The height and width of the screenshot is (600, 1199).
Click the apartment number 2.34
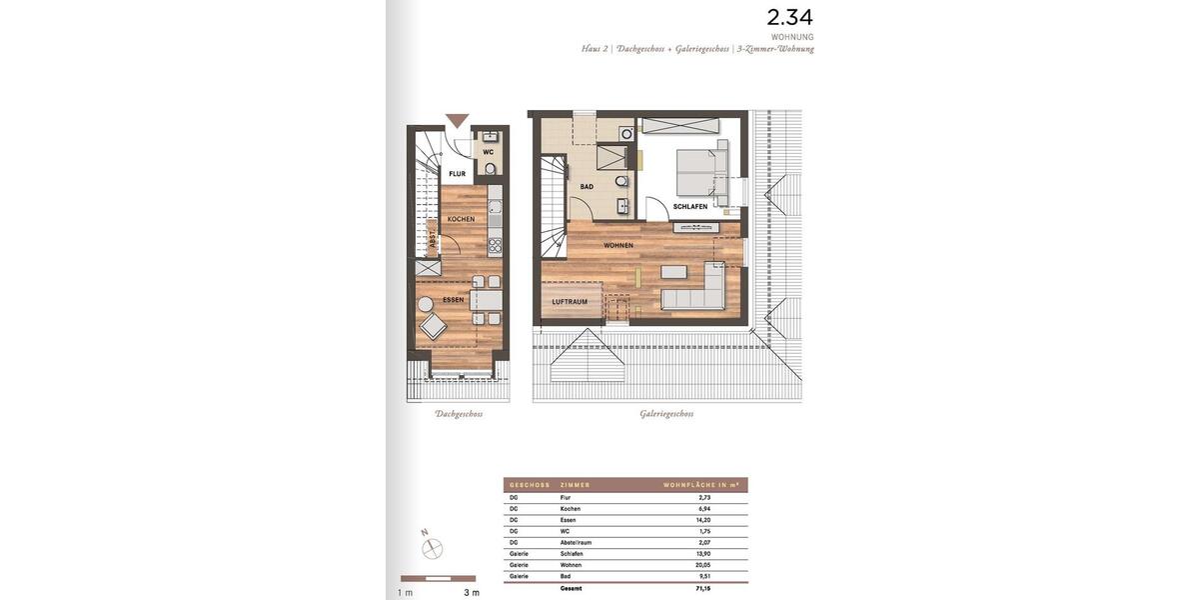coord(789,17)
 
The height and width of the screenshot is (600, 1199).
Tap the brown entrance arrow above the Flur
coord(457,121)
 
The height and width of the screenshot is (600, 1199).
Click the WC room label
coord(489,152)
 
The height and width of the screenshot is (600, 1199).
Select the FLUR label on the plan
coord(457,174)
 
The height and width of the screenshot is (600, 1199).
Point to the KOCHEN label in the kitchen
coord(461,219)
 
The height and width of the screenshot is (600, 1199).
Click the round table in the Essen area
coord(426,304)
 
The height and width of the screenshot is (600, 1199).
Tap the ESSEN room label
coord(454,299)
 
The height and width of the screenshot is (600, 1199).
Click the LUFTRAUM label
coord(570,301)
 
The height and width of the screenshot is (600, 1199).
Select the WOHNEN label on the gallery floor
coord(618,245)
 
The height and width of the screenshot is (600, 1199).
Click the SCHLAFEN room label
coord(689,207)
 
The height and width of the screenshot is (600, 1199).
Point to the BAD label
coord(587,186)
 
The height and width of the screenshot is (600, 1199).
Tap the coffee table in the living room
coord(674,271)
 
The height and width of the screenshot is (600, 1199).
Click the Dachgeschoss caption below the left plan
coord(459,414)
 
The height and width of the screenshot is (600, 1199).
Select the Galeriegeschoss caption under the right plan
coord(666,414)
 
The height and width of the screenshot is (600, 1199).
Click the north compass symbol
coord(432,547)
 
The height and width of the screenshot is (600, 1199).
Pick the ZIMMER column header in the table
coord(576,485)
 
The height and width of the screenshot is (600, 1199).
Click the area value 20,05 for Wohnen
coord(704,565)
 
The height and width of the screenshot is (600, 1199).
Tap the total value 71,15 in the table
coord(704,588)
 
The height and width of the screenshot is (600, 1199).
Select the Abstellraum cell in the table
coord(577,542)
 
